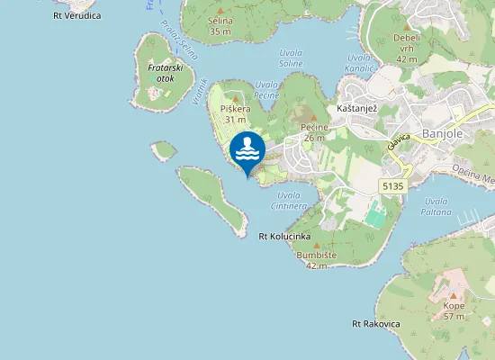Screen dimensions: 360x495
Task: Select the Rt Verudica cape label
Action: click(76, 14)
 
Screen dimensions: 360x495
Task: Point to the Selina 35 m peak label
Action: click(220, 26)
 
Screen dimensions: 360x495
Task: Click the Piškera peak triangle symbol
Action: click(236, 98)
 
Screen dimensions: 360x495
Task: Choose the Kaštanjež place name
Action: click(355, 108)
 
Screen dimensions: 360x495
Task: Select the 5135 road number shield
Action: click(393, 185)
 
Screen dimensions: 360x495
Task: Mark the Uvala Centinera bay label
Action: click(289, 200)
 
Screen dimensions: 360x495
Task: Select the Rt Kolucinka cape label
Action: click(284, 237)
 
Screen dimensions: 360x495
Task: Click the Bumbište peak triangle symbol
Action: click(315, 243)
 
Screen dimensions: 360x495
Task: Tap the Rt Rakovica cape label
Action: click(375, 323)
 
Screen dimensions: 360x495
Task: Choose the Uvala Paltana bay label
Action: click(436, 207)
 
